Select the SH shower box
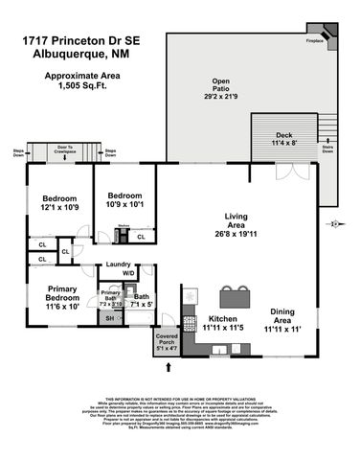110,318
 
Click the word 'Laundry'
119,264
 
